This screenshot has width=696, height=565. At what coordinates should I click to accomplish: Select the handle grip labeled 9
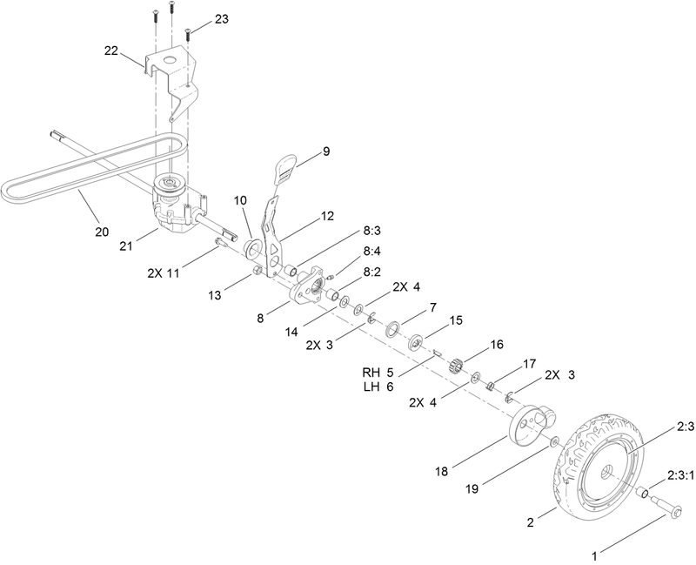coord(286,169)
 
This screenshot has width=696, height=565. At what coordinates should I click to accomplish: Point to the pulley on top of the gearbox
coord(167,185)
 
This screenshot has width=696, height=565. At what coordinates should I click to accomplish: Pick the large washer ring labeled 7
coord(391,328)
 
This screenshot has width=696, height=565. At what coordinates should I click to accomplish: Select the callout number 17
coord(528,362)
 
